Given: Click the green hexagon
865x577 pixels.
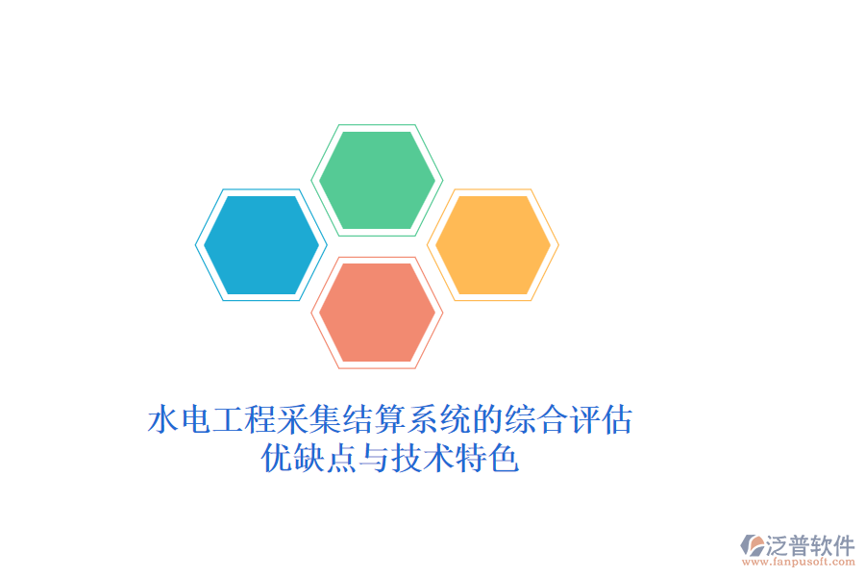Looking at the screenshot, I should pyautogui.click(x=377, y=180).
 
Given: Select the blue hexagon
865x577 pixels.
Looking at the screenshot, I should pyautogui.click(x=260, y=245).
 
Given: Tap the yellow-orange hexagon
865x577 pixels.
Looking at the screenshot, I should pyautogui.click(x=493, y=245).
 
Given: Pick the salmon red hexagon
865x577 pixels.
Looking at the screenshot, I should pyautogui.click(x=377, y=313).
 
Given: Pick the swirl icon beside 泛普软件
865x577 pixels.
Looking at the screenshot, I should pyautogui.click(x=752, y=545).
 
